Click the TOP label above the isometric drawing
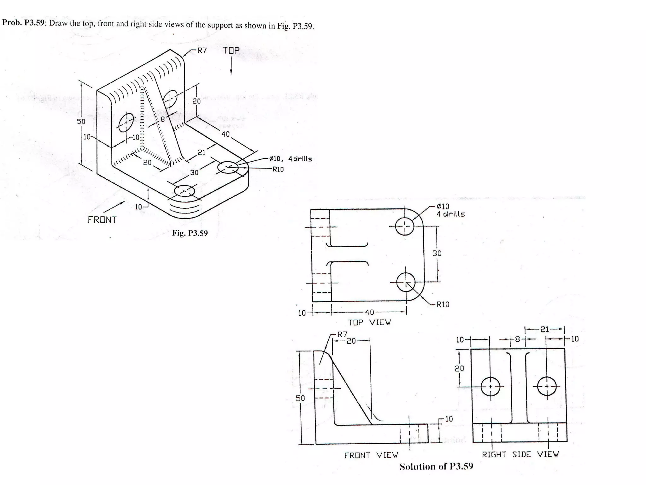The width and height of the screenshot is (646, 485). point(231,51)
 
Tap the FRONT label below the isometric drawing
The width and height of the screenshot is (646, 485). point(102,220)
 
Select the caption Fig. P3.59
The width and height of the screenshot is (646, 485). point(190,233)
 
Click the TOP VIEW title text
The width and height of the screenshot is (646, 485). point(369,322)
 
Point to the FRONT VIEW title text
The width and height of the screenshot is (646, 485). point(371,455)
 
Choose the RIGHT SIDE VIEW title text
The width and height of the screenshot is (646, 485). point(520,454)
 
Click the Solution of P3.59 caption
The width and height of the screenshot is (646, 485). point(436,467)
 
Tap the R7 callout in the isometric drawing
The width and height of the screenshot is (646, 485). point(202,51)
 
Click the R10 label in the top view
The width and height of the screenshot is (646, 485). point(443,304)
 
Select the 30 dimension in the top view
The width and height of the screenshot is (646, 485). point(437,253)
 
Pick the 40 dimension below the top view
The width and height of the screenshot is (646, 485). point(369,312)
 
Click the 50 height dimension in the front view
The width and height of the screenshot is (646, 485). point(300,398)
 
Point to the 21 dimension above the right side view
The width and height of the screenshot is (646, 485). point(544,329)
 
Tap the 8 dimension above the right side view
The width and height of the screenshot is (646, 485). point(517,339)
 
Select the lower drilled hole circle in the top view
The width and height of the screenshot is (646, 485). point(406,282)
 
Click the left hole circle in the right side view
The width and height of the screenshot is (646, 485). point(490,386)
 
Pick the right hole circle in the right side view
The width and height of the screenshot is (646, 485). point(547,386)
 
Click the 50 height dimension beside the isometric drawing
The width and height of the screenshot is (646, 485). point(81,122)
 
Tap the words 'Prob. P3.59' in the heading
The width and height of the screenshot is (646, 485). point(23,23)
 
